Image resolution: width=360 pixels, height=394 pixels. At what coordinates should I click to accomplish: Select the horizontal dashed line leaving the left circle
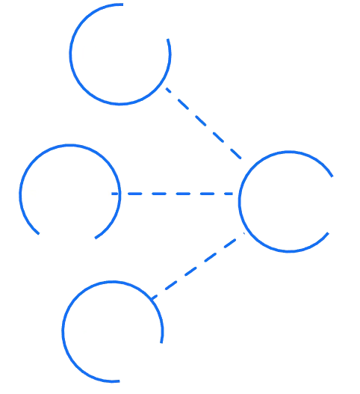pyautogui.click(x=179, y=195)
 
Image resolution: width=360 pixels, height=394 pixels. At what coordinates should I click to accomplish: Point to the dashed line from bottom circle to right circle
pyautogui.click(x=200, y=265)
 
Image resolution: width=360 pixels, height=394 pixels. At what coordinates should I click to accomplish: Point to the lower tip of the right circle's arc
pyautogui.click(x=329, y=236)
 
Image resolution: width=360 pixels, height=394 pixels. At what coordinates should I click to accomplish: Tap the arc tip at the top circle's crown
pyautogui.click(x=121, y=4)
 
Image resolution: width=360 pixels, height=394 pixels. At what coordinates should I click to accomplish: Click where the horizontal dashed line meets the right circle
pyautogui.click(x=238, y=195)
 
